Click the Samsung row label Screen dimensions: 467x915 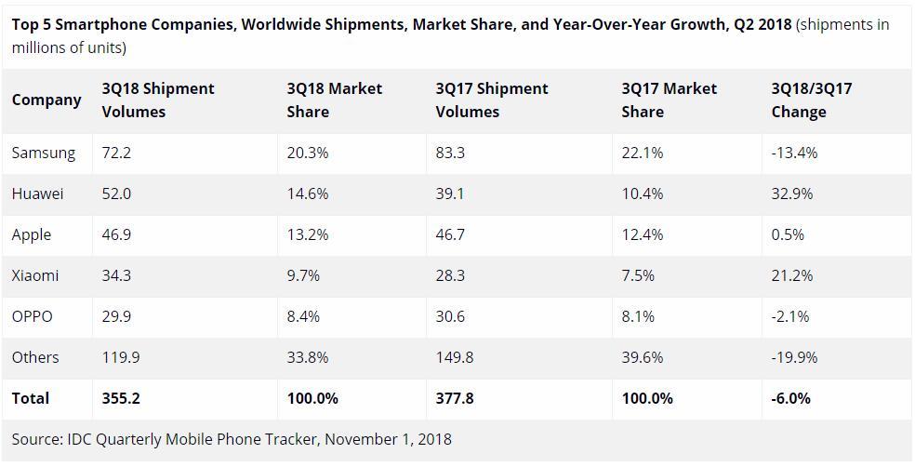(43, 153)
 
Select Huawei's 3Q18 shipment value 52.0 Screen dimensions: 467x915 (116, 193)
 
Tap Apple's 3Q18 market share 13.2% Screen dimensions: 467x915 (307, 234)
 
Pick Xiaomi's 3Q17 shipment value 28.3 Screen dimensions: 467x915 (450, 275)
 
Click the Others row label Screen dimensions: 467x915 (35, 357)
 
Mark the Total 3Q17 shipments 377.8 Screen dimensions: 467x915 (455, 398)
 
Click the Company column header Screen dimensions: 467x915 (46, 100)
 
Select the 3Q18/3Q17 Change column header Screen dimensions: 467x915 (811, 100)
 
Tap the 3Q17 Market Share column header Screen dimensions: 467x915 (669, 100)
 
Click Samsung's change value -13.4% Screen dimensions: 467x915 (794, 153)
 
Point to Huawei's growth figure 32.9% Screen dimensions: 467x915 (791, 193)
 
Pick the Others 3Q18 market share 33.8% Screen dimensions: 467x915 (307, 357)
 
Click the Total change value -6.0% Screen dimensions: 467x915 (790, 398)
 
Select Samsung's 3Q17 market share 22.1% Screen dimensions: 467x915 (642, 153)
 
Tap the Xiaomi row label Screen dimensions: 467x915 (35, 275)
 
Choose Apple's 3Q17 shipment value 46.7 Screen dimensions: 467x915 (450, 234)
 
